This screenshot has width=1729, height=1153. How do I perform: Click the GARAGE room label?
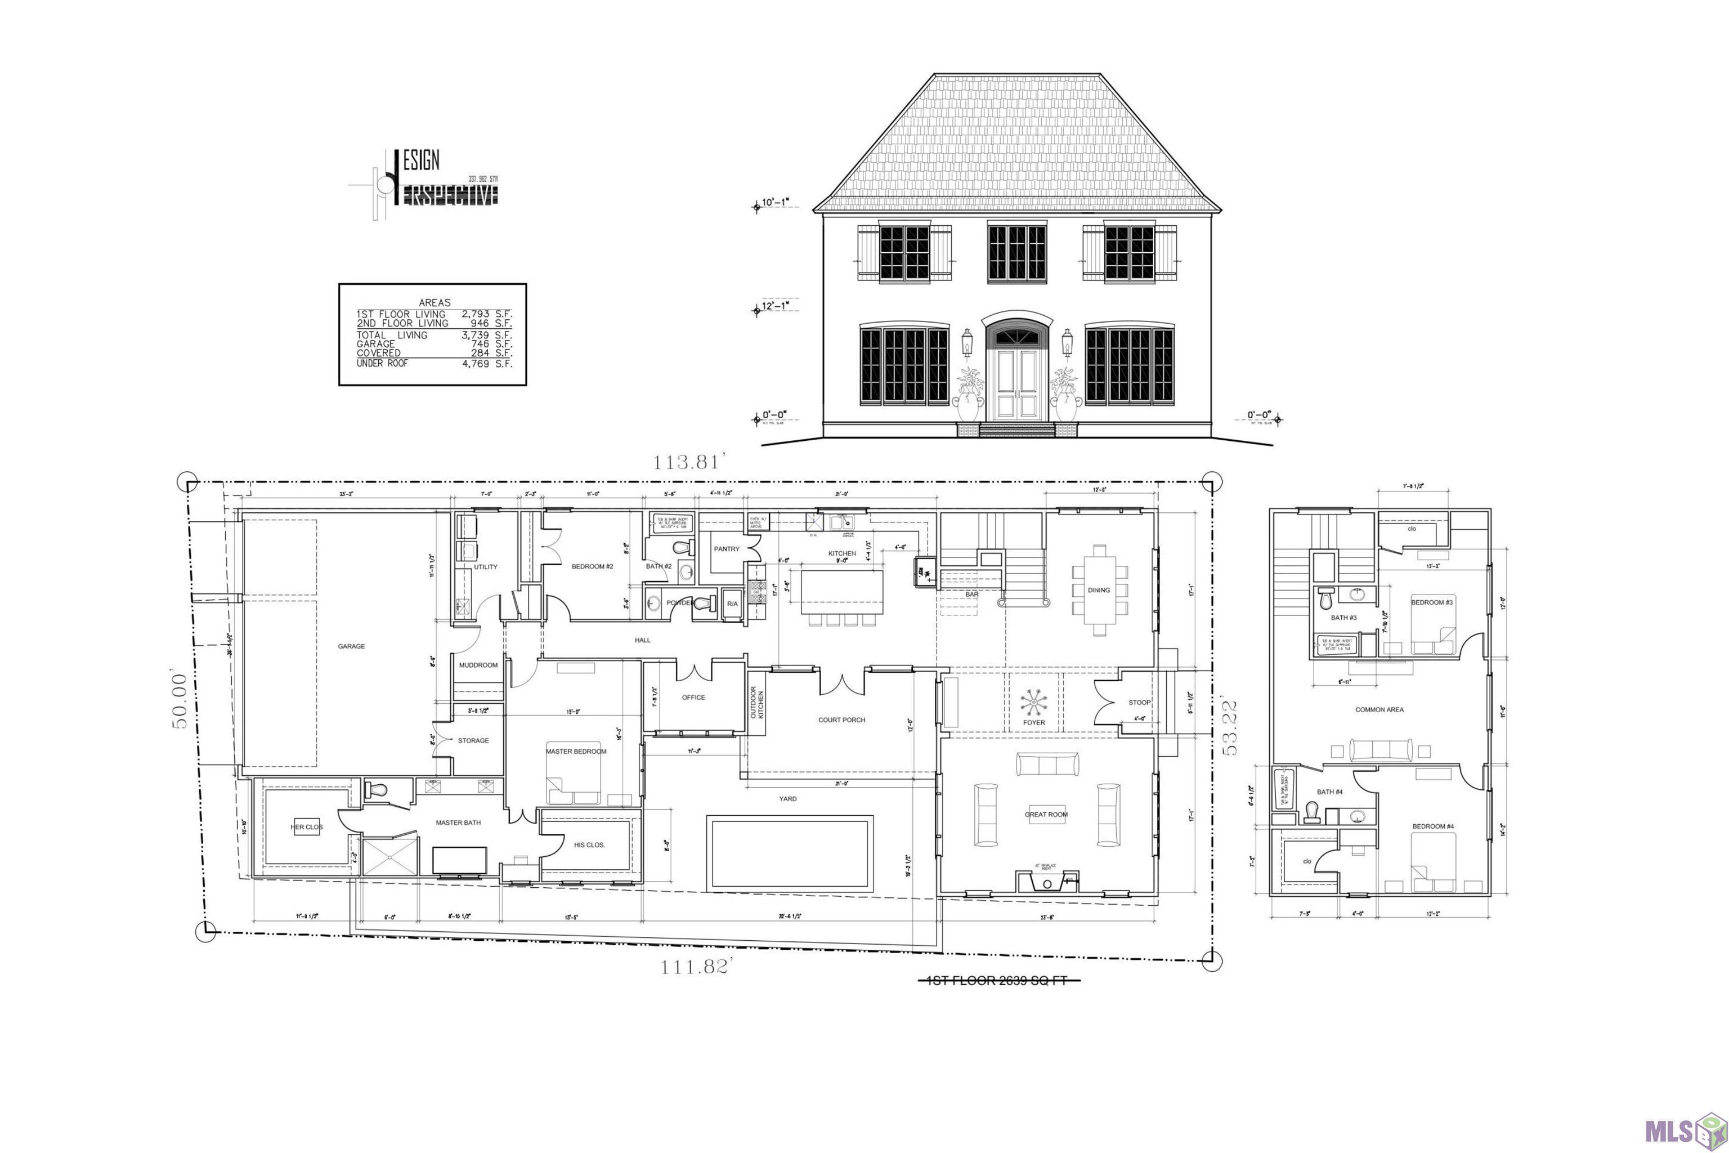(x=351, y=646)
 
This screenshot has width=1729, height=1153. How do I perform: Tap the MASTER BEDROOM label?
(x=576, y=752)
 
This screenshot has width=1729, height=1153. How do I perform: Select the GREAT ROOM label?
(x=1046, y=815)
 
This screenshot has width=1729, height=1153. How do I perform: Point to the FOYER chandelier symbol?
(x=1033, y=702)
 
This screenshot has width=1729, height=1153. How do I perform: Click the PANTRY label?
(x=726, y=549)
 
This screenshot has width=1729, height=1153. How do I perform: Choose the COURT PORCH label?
(x=842, y=720)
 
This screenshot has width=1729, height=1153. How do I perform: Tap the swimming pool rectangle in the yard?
(x=790, y=853)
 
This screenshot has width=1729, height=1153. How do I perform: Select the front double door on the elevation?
(x=1016, y=385)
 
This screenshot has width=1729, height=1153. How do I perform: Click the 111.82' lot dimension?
(x=694, y=967)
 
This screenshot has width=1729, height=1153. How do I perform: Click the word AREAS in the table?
(x=435, y=302)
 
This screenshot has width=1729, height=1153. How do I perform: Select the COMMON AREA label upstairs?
(x=1379, y=709)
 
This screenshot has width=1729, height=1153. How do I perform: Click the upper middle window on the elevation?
(x=1016, y=253)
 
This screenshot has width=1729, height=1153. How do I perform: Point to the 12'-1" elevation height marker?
(x=775, y=306)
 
